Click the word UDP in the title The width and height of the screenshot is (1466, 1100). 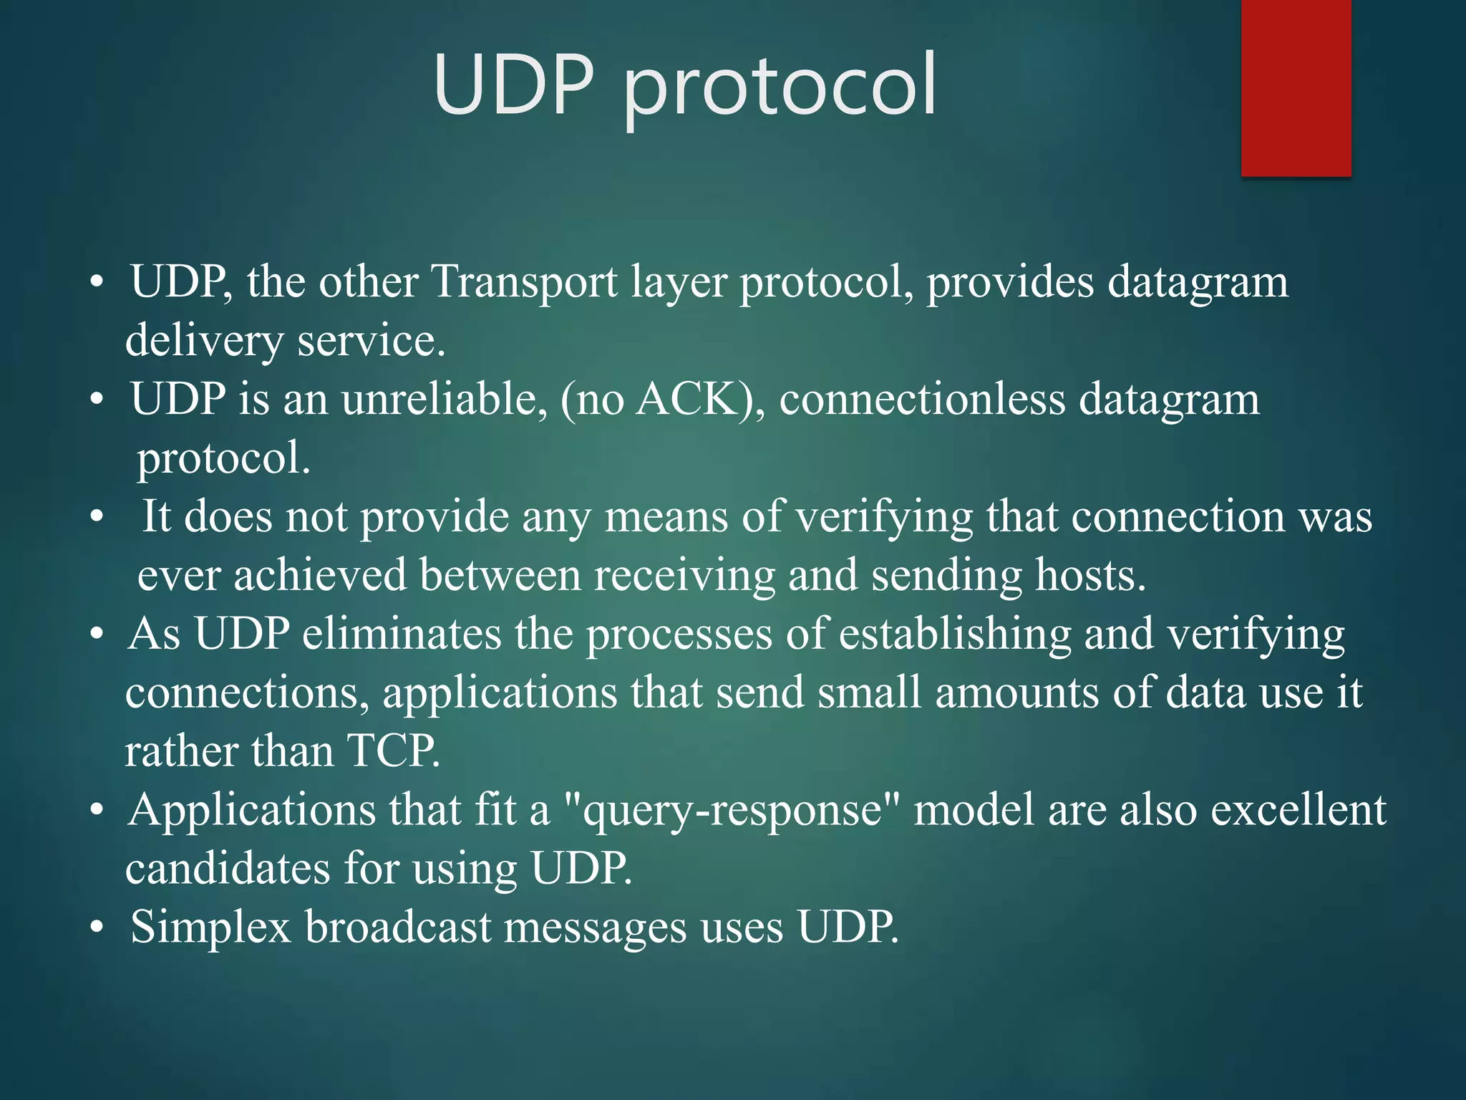coord(513,85)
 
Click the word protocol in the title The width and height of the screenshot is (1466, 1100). coord(780,87)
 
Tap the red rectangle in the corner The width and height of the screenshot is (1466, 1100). coord(1296,87)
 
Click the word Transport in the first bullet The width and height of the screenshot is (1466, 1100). coord(525,282)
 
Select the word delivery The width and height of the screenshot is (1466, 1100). coord(204,341)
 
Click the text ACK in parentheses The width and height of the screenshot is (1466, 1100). coord(686,399)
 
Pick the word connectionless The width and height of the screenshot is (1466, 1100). coord(922,399)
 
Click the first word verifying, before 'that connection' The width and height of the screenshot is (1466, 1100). coord(884,518)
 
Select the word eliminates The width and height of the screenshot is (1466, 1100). coord(402,635)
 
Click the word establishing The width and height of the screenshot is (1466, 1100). coord(955,635)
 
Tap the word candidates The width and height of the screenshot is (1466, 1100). coord(228,869)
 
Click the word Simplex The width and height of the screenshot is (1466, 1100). coord(210,927)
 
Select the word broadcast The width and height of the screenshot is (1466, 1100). coord(397,927)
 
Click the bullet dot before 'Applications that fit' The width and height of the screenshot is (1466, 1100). coord(97,811)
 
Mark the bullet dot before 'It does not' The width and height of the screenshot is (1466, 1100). coord(97,516)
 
